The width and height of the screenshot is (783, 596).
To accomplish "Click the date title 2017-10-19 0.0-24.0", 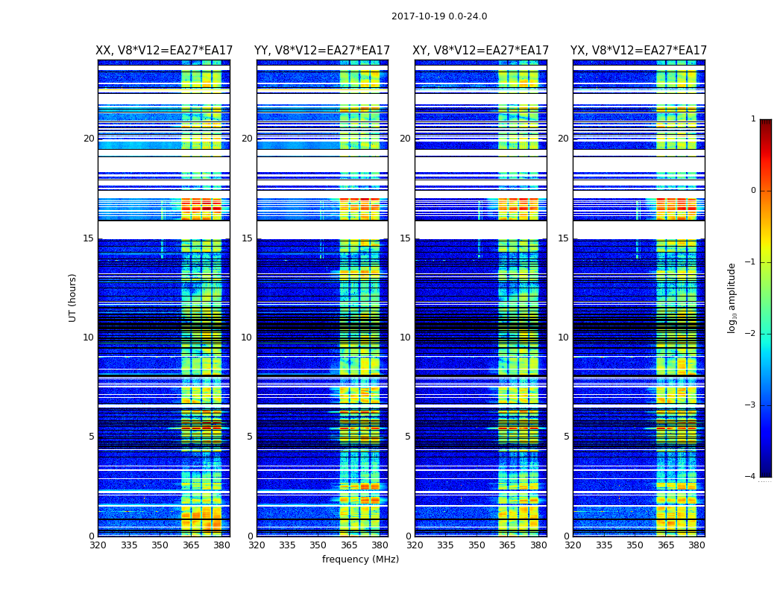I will pos(439,16).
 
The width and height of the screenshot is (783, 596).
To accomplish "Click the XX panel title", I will pos(164,51).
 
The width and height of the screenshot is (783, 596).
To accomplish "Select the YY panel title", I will pos(322,51).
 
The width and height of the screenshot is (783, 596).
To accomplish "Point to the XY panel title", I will pos(481,51).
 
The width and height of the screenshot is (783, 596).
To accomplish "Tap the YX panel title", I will pos(638,51).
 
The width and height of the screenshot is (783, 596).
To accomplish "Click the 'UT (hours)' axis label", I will pos(72,297).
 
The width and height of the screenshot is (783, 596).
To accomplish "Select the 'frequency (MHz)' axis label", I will pos(360,559).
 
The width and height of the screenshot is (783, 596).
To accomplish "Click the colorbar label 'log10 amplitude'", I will pos(732,297).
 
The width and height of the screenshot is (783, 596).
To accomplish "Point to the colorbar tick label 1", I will pos(752,119).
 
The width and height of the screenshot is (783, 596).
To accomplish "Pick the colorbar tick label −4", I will pos(751,477).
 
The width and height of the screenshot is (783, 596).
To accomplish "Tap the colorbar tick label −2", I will pos(751,334).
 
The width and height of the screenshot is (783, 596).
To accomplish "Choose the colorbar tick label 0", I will pos(752,191).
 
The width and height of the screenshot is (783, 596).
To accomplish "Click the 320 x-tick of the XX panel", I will pos(98,545).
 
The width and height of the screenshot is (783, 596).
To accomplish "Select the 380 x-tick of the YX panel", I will pos(696,545).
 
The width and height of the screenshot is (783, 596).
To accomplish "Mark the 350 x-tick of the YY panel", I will pos(318,545).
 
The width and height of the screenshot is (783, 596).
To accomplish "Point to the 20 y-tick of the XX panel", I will pos(89,139).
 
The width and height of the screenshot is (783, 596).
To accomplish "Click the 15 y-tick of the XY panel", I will pos(406,238).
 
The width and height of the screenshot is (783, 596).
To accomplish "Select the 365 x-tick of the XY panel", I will pos(507,545).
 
